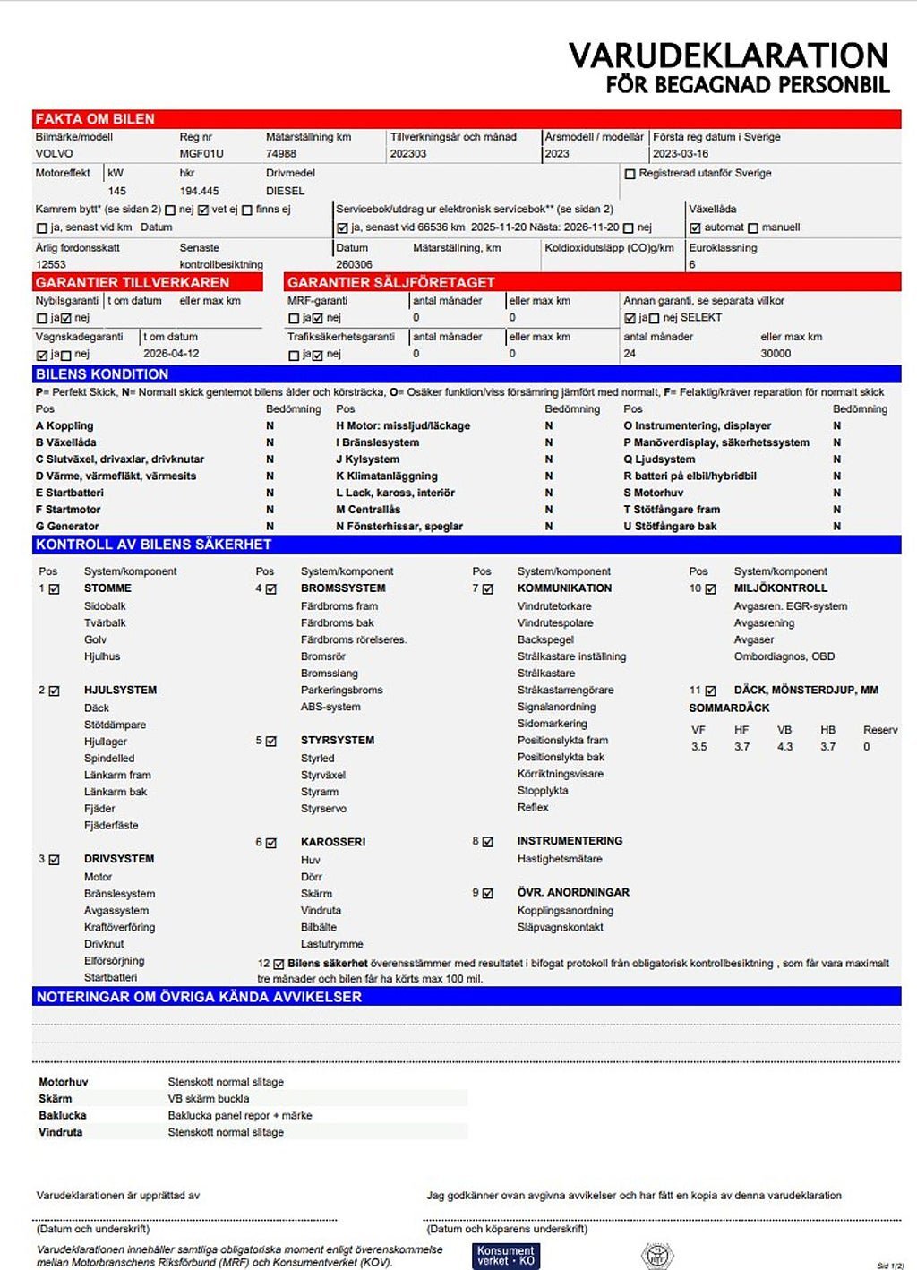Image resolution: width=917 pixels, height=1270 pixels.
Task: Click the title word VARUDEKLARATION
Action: [728, 56]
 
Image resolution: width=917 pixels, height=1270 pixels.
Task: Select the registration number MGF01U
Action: [201, 154]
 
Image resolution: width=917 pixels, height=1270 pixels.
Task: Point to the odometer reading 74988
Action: [281, 154]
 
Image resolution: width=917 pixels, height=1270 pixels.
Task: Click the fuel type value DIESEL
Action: [285, 191]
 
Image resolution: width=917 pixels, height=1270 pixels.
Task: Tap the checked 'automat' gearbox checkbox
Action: [695, 227]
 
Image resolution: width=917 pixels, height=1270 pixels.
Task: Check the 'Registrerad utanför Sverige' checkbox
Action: [630, 174]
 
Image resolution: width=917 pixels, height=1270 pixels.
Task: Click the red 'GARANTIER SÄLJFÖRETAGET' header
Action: [390, 282]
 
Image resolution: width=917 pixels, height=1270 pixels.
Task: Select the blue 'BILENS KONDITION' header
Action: [102, 374]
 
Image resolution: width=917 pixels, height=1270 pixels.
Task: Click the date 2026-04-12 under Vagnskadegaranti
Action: [170, 354]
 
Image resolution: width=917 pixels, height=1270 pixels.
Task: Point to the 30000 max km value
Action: [776, 354]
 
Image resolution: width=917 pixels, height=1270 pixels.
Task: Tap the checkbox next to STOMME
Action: [55, 589]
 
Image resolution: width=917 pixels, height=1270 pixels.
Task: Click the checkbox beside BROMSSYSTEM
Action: [271, 589]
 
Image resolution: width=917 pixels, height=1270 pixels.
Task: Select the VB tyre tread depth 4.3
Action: [784, 747]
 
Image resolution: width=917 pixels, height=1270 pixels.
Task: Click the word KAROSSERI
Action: [333, 842]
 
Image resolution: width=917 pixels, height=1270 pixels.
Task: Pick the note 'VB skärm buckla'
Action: [209, 1099]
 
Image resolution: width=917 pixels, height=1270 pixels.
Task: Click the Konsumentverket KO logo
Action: [506, 1256]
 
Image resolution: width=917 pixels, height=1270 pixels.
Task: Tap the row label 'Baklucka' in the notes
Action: [63, 1116]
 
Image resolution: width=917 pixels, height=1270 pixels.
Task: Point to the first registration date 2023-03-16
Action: [681, 154]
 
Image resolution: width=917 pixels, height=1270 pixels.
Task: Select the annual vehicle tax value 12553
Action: [51, 265]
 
